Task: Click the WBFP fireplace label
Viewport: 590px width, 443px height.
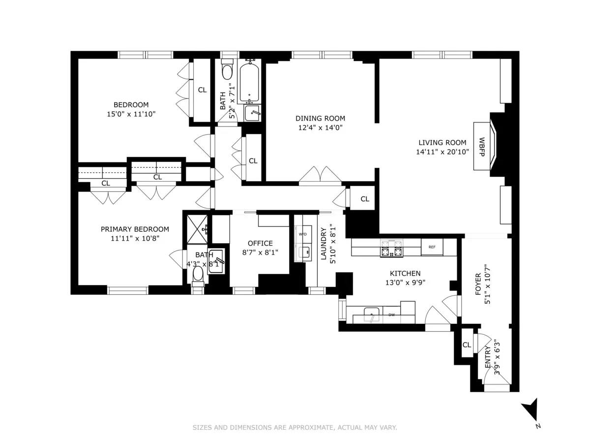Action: pos(482,146)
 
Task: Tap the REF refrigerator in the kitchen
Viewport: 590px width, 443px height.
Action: pos(432,247)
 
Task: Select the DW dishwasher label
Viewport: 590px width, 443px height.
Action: pos(392,315)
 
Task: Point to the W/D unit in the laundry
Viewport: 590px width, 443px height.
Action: pos(303,234)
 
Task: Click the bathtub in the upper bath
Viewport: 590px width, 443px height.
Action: pos(250,81)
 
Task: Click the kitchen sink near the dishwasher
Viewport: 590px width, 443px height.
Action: pos(371,314)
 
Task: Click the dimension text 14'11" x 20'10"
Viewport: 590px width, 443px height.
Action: pos(442,152)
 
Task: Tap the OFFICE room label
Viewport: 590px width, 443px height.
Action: pos(260,243)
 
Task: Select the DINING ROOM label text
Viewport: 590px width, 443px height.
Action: pos(320,118)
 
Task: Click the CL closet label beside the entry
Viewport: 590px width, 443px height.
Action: pos(467,345)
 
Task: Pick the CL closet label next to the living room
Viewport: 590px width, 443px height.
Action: pos(365,199)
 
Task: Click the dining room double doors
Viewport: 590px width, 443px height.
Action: pos(320,176)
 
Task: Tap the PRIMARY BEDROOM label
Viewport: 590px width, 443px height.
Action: pos(135,229)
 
